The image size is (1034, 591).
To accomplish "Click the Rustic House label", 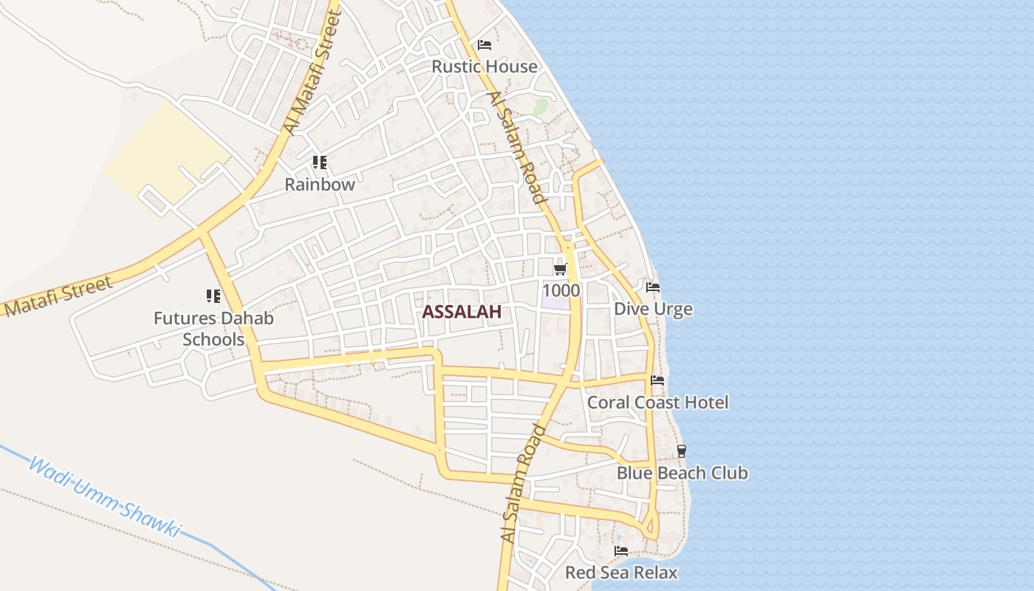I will tap(485, 66).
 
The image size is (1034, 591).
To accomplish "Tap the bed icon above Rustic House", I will tap(485, 45).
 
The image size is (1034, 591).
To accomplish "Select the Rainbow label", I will tap(320, 185).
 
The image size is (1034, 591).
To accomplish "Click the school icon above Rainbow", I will tap(319, 162).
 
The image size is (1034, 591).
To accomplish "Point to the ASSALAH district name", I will tap(462, 312).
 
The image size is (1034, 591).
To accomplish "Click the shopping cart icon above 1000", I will tap(561, 269).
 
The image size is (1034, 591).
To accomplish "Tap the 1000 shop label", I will tap(561, 290).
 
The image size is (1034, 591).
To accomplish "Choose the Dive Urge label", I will tap(654, 309).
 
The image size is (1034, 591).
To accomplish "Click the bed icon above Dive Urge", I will tap(653, 287).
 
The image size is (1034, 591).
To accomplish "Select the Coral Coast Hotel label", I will tap(657, 403).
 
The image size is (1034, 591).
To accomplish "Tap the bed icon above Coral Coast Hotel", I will tap(657, 380).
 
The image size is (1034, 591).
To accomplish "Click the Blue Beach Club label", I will tap(682, 473).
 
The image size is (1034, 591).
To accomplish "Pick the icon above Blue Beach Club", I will tap(682, 451).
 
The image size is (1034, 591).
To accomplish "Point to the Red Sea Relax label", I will tap(621, 573).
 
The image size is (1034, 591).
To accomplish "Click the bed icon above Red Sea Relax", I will tap(621, 551).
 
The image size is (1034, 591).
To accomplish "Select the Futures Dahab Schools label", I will tap(213, 329).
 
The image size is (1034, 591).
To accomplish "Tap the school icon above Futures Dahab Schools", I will tap(213, 296).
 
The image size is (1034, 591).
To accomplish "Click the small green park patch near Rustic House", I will tap(541, 106).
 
